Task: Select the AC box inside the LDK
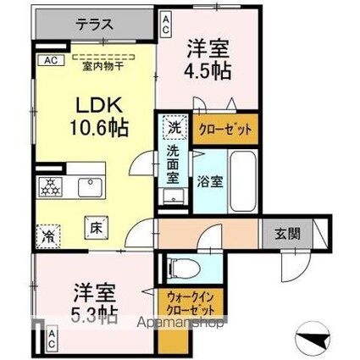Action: tap(49, 61)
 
